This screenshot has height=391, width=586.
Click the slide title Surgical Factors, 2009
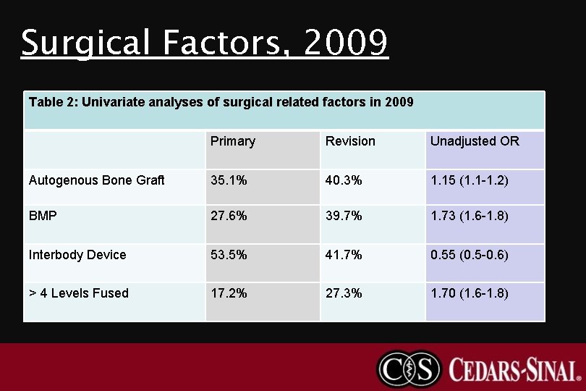click(205, 43)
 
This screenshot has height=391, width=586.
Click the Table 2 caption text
click(221, 102)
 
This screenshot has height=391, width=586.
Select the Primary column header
click(232, 141)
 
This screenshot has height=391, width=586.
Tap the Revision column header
click(350, 141)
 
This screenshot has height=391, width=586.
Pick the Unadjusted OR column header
click(475, 141)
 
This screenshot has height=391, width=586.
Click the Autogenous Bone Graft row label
click(97, 180)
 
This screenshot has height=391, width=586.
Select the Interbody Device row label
click(77, 255)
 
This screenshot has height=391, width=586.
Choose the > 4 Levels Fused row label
click(79, 293)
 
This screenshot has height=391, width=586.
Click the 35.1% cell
click(229, 180)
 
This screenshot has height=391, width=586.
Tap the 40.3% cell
click(344, 180)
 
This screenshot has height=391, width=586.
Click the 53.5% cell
click(229, 255)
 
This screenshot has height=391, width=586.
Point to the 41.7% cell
click(344, 255)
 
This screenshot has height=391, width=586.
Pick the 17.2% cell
click(229, 293)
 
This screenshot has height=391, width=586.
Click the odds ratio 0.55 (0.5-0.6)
click(470, 255)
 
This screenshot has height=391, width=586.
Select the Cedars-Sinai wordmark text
click(514, 369)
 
